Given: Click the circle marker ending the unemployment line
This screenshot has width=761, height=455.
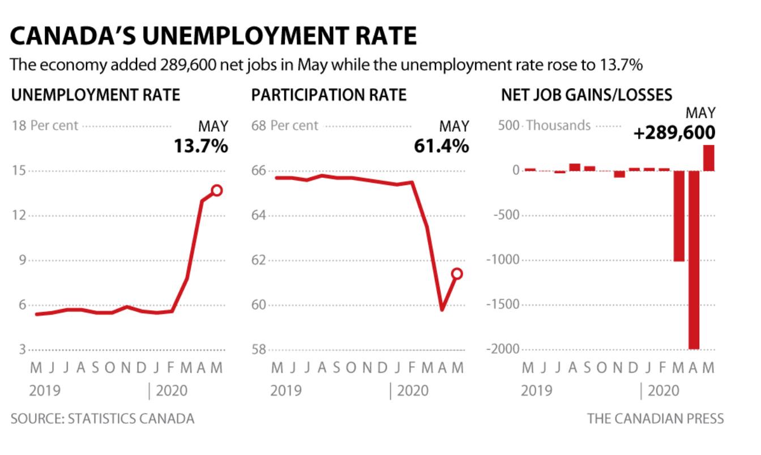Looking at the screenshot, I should [217, 190].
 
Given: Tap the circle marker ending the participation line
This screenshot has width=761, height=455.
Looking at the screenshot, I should [457, 274].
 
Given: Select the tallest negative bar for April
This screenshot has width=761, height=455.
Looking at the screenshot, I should [694, 260].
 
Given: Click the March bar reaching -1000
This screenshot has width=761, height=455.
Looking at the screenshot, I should [679, 216].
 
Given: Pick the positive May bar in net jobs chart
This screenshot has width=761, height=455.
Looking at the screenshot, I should [709, 158].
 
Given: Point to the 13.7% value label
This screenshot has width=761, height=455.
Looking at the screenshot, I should [201, 146].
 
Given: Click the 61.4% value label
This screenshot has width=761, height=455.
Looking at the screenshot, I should [442, 146].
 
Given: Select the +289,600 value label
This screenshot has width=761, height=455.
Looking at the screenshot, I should [674, 134].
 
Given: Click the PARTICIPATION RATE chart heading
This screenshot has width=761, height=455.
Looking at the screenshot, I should [329, 95].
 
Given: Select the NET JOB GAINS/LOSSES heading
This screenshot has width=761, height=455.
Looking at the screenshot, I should [587, 95].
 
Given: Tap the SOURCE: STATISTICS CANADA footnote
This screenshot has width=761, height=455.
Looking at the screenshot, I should [102, 419].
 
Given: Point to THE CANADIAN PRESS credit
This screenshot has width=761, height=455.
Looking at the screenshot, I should [655, 419].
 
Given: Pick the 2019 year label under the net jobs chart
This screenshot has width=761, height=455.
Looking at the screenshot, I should [536, 390].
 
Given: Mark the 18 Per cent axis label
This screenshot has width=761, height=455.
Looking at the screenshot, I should [45, 126].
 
